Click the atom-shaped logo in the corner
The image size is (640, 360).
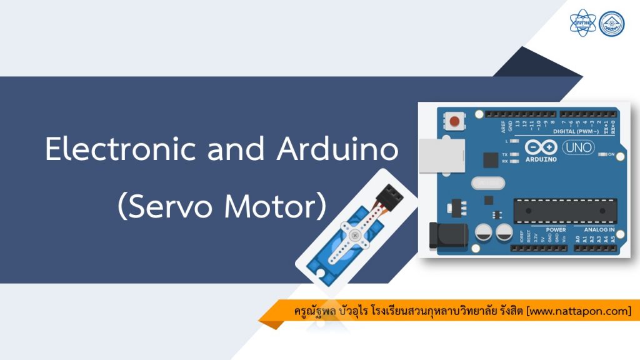tap(582, 23)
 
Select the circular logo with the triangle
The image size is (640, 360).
tap(611, 23)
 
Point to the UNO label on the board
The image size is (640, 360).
tap(579, 148)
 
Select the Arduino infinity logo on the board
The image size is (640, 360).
tap(541, 147)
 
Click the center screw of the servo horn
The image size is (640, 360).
tap(355, 236)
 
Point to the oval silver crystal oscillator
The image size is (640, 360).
tap(487, 182)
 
